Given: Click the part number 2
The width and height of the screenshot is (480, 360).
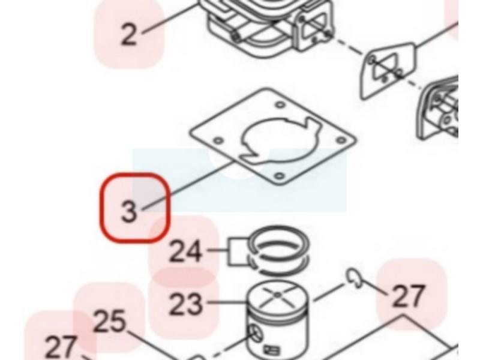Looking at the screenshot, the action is tap(128, 35).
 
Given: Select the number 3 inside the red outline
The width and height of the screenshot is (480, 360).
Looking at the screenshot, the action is tap(129, 211).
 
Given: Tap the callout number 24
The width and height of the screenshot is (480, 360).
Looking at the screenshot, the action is tap(185, 251).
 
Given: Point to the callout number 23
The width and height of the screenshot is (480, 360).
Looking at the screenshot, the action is tap(185, 304).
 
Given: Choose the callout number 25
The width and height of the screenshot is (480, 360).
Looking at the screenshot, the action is tap(110, 322).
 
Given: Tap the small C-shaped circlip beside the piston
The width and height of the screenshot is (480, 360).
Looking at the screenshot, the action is tap(355, 278).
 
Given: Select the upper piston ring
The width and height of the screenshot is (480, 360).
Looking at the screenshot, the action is tap(279, 242).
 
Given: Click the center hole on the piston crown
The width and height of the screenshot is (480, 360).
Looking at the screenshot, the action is tap(277, 295).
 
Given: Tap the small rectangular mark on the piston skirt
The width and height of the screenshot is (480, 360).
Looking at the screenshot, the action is tap(272, 349).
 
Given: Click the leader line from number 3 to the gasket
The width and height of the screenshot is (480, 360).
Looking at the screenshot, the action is tap(188, 187).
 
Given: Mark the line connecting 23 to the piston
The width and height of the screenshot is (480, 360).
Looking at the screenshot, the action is tap(227, 303).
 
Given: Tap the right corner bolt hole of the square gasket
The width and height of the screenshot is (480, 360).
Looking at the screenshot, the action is tap(341, 140).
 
